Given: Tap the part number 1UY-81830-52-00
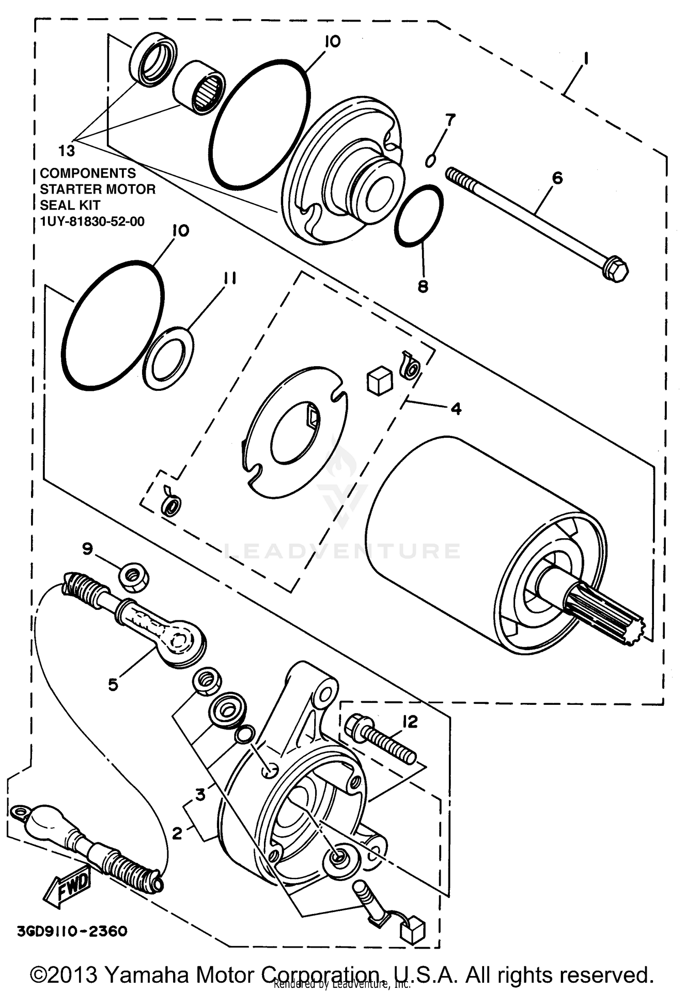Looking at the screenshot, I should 92,222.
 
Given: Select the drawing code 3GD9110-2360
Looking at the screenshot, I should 72,931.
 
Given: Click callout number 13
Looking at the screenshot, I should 67,150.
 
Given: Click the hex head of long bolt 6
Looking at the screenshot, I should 616,270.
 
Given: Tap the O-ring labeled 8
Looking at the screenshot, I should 419,216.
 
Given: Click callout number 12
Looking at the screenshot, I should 410,722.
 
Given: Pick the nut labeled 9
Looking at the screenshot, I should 133,577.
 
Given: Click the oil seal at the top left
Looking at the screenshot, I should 153,59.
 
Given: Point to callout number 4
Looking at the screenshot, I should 456,408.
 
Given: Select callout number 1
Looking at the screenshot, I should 586,59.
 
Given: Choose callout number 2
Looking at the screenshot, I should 177,833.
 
